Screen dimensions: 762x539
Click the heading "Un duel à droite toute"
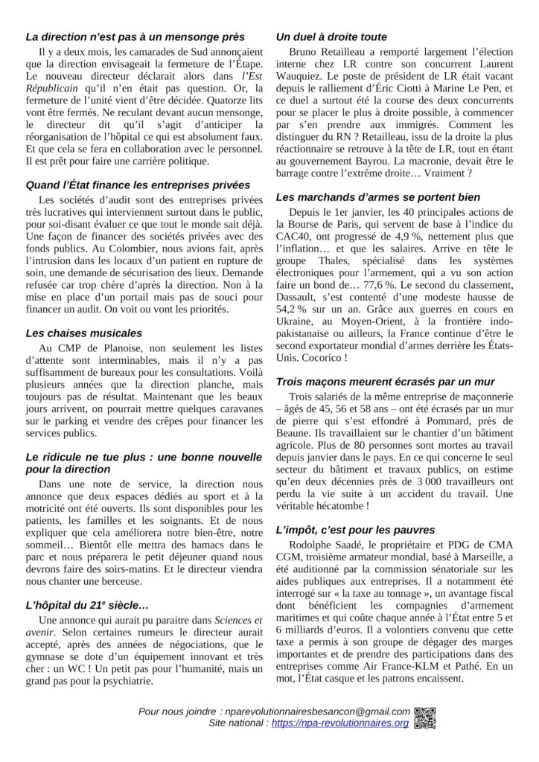click(331, 36)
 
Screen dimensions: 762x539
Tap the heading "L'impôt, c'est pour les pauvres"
click(355, 530)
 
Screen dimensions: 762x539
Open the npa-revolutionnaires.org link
click(340, 723)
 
